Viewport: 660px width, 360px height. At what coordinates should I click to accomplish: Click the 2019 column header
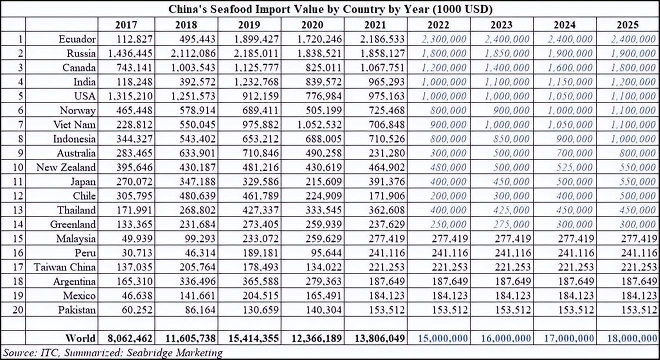pos(249,24)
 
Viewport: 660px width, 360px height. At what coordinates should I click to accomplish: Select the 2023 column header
pos(501,24)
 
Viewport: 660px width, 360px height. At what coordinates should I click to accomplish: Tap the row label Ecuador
pos(77,39)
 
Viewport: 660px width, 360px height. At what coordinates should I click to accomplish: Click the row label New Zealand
pos(66,167)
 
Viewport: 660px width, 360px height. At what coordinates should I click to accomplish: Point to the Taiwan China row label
pos(65,267)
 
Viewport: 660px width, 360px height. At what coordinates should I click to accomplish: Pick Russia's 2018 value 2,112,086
pos(193,53)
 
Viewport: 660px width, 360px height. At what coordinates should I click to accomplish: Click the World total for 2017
pos(130,338)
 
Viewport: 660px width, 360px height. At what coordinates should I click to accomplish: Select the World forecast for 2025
pos(632,338)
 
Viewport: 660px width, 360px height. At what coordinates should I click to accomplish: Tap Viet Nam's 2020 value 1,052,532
pos(319,124)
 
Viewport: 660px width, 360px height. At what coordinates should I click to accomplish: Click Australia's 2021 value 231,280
pos(387,153)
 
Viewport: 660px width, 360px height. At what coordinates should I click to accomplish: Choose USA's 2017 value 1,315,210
pos(130,96)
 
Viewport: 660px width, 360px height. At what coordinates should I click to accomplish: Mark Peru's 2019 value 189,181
pos(260,253)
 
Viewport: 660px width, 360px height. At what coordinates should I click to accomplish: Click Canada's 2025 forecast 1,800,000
pos(633,67)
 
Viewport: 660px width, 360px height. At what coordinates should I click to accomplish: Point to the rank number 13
pos(17,210)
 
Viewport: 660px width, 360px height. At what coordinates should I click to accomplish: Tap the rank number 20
pos(17,309)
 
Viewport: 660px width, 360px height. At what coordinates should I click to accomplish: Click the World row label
pos(80,338)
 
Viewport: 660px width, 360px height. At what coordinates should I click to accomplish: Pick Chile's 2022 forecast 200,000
pos(448,196)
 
